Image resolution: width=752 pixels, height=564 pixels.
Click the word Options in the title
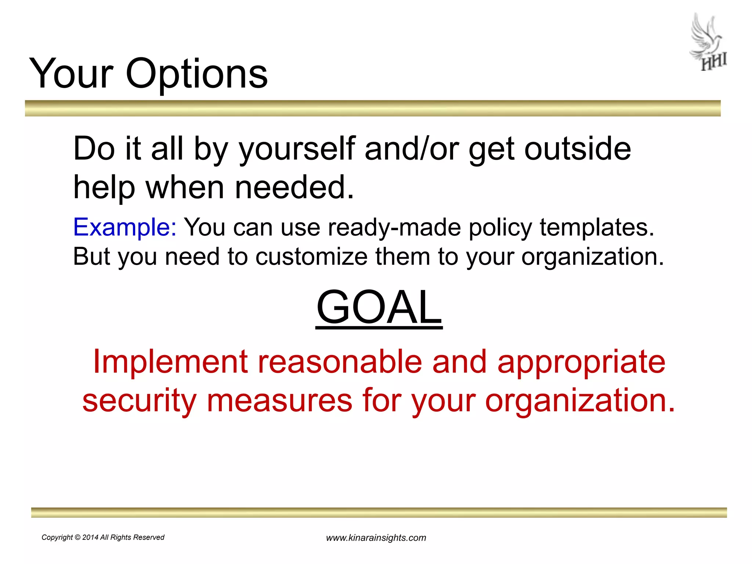tap(197, 75)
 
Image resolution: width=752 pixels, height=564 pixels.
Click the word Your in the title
tap(71, 75)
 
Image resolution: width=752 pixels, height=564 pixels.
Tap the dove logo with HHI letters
tap(708, 43)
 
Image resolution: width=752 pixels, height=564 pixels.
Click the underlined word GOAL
tap(379, 307)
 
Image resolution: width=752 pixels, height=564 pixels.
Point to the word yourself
tap(297, 149)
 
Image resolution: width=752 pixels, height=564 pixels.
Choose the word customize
tap(311, 256)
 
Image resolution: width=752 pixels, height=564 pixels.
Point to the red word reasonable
tap(340, 362)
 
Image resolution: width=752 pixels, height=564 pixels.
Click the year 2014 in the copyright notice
tap(90, 537)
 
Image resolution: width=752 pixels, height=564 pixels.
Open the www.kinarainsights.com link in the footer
tap(376, 538)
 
